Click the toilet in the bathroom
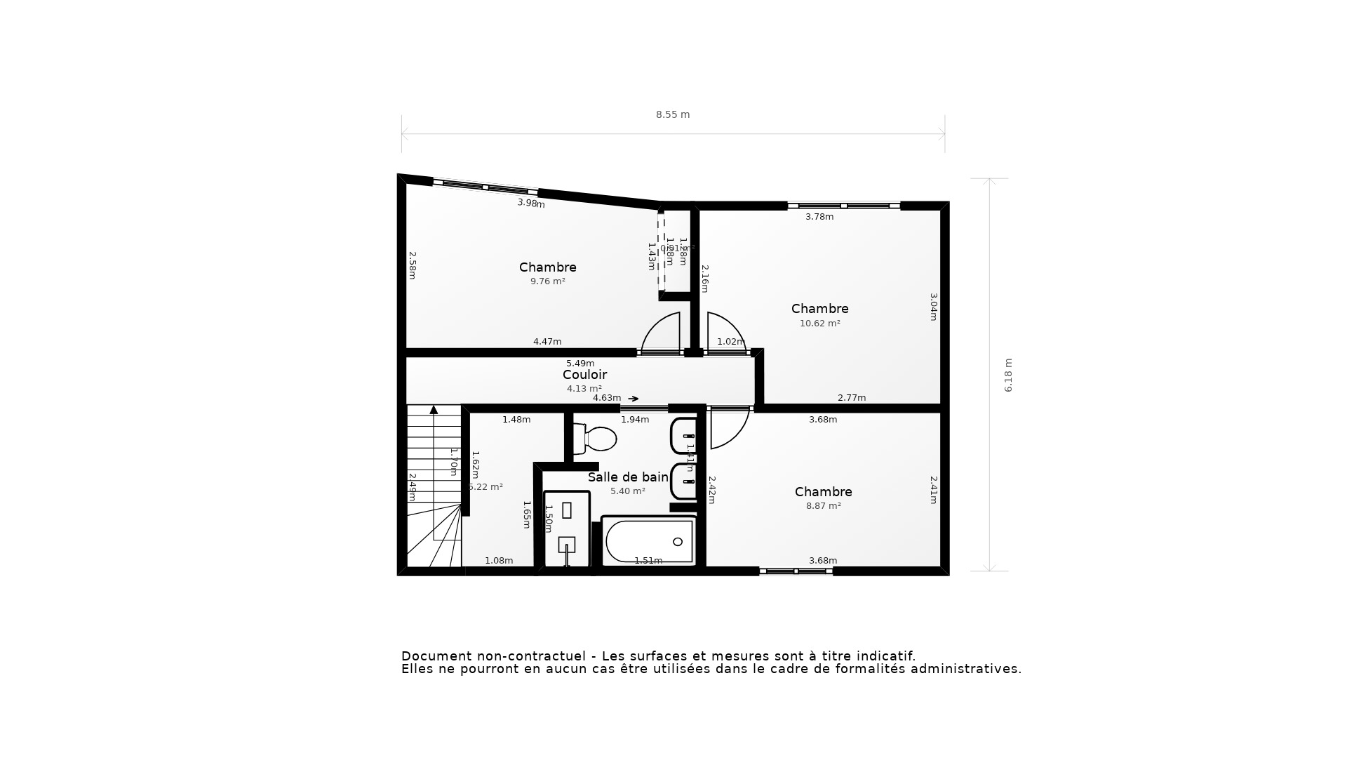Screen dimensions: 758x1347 pyautogui.click(x=596, y=439)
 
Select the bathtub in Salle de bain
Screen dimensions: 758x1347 pyautogui.click(x=649, y=541)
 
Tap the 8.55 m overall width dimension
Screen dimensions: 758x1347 pyautogui.click(x=673, y=114)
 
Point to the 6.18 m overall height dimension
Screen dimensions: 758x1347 pyautogui.click(x=1008, y=375)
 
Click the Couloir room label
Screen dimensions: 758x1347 pyautogui.click(x=584, y=375)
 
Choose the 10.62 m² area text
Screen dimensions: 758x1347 pyautogui.click(x=819, y=324)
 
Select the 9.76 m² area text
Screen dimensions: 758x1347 pyautogui.click(x=547, y=281)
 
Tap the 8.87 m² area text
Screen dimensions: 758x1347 pyautogui.click(x=823, y=505)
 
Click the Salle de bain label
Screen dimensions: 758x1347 pyautogui.click(x=628, y=477)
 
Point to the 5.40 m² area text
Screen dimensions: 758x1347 pyautogui.click(x=627, y=491)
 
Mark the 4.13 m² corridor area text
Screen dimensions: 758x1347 pyautogui.click(x=584, y=389)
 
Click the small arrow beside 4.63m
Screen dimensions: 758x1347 pyautogui.click(x=634, y=399)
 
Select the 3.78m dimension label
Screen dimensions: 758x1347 pyautogui.click(x=819, y=217)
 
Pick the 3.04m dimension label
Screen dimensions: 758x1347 pyautogui.click(x=933, y=307)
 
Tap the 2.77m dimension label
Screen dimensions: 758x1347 pyautogui.click(x=851, y=398)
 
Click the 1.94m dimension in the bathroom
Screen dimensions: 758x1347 pyautogui.click(x=634, y=420)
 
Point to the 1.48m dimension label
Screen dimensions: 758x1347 pyautogui.click(x=516, y=420)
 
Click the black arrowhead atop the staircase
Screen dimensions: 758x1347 pyautogui.click(x=434, y=410)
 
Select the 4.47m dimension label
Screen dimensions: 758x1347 pyautogui.click(x=547, y=342)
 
